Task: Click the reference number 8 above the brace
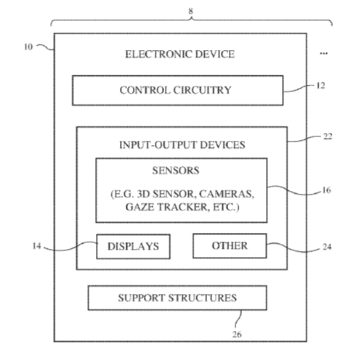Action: (x=191, y=11)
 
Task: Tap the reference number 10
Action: (x=28, y=47)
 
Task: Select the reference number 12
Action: (x=320, y=86)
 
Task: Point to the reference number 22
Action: (x=328, y=136)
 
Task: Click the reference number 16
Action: (x=326, y=190)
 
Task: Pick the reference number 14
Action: (x=37, y=246)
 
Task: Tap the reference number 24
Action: (x=327, y=247)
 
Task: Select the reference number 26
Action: (x=237, y=335)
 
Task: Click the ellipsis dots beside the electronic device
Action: (x=323, y=53)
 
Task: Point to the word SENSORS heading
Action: (x=176, y=171)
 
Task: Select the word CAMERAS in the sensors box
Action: (x=227, y=195)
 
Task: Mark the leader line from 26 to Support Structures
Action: (x=238, y=319)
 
